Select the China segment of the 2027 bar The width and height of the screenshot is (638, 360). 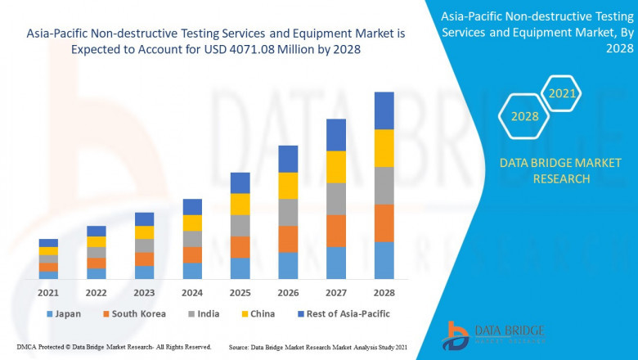pyautogui.click(x=335, y=167)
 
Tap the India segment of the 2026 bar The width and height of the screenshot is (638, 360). pyautogui.click(x=287, y=212)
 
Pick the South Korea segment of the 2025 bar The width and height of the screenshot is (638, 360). pyautogui.click(x=240, y=247)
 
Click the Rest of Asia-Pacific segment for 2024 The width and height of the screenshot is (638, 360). pyautogui.click(x=192, y=207)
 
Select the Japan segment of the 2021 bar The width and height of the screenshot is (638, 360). pyautogui.click(x=48, y=275)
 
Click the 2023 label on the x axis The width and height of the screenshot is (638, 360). pyautogui.click(x=144, y=292)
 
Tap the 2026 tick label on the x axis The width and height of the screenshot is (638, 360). pyautogui.click(x=287, y=292)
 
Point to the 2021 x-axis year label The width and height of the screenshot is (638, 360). pyautogui.click(x=48, y=292)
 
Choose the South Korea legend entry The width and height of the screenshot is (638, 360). pyautogui.click(x=134, y=313)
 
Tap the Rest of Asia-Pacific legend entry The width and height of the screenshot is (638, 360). pyautogui.click(x=343, y=313)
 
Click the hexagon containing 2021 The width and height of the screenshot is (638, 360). pyautogui.click(x=562, y=95)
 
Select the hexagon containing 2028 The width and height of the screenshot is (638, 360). pyautogui.click(x=524, y=117)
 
